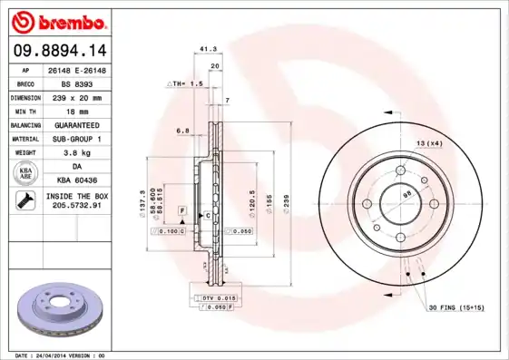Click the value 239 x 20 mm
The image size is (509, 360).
[x=76, y=97]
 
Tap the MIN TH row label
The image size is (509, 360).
[x=25, y=111]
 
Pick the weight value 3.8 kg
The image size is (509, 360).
[x=75, y=153]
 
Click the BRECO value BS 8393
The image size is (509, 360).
[x=75, y=83]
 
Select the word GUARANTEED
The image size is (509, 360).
[x=75, y=125]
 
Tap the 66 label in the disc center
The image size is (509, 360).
[x=406, y=194]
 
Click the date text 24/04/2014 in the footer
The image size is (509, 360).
[x=61, y=355]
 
